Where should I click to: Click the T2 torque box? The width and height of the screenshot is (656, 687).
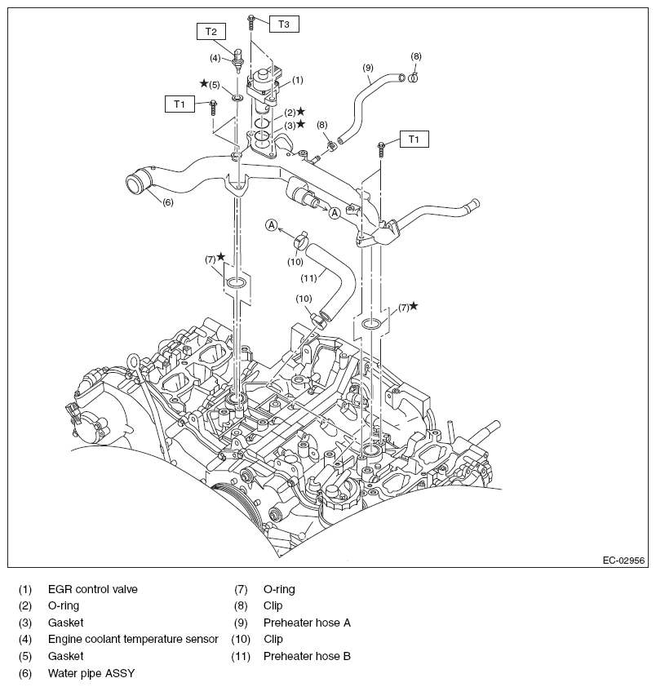pos(211,32)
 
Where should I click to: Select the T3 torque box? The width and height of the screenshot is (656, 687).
pos(282,24)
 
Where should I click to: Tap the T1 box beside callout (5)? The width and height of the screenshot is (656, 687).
pos(179,104)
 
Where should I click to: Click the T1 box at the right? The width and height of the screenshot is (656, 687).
pos(414,140)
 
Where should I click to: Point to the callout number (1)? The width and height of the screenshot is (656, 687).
pos(298,80)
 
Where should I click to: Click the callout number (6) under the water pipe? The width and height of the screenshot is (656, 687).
pos(166,202)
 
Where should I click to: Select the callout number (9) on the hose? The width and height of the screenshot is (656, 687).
pos(368,66)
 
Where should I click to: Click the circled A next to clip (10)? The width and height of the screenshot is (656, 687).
pos(272,224)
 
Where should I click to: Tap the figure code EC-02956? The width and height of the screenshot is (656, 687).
pos(624,561)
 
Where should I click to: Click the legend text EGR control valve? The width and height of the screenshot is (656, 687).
pos(92,589)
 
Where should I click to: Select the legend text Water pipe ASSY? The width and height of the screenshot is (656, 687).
pos(91,674)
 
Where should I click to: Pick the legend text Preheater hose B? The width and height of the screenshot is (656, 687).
pos(307,656)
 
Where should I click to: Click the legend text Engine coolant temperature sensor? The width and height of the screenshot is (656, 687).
pos(133,639)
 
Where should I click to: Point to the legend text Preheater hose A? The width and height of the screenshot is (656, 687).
pos(307,623)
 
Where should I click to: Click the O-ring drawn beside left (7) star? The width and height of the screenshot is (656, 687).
pos(236,283)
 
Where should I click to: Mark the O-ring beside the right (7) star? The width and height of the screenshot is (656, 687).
pos(371,324)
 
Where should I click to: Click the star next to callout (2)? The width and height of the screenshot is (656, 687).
pos(301,111)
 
